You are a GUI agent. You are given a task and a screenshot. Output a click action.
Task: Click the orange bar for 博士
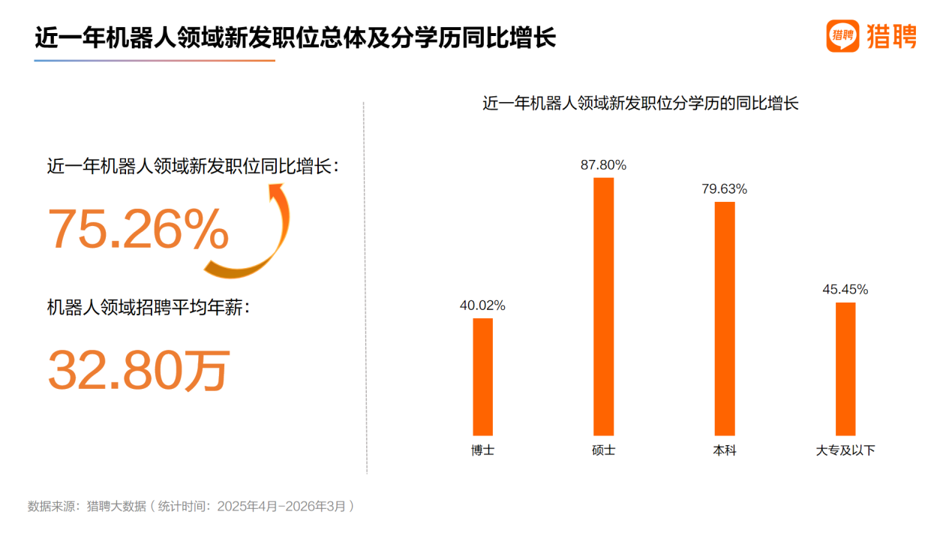pyautogui.click(x=482, y=377)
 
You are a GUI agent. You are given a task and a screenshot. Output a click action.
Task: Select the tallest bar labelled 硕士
pyautogui.click(x=603, y=306)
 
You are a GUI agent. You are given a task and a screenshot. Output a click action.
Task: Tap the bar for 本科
pyautogui.click(x=724, y=318)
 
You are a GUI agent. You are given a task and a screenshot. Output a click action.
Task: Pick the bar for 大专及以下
pyautogui.click(x=845, y=369)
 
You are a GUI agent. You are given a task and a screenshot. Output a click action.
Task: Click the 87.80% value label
pyautogui.click(x=603, y=165)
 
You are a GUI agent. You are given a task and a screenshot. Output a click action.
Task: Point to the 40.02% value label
pyautogui.click(x=482, y=306)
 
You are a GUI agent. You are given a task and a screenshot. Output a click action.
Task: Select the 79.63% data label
pyautogui.click(x=724, y=189)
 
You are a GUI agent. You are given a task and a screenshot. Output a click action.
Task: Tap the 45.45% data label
pyautogui.click(x=845, y=290)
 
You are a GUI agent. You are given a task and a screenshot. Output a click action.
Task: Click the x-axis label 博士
pyautogui.click(x=482, y=451)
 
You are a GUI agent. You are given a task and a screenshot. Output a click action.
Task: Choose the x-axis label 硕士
pyautogui.click(x=603, y=451)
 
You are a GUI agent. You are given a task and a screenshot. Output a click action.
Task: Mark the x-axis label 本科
pyautogui.click(x=724, y=451)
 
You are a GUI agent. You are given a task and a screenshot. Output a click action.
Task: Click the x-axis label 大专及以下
pyautogui.click(x=845, y=451)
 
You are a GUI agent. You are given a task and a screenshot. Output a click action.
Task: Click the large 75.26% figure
pyautogui.click(x=139, y=230)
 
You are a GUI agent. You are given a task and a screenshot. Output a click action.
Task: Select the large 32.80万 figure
pyautogui.click(x=139, y=370)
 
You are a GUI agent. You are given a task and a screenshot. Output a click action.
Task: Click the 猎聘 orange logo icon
pyautogui.click(x=842, y=35)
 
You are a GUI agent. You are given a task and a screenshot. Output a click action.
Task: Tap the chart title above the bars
pyautogui.click(x=640, y=104)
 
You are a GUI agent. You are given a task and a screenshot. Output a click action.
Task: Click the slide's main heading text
pyautogui.click(x=296, y=38)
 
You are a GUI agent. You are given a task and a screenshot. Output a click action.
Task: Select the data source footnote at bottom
pyautogui.click(x=191, y=506)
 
